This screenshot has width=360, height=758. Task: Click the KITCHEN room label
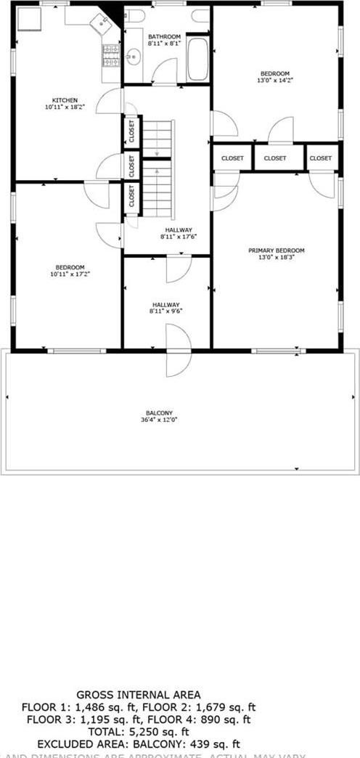[64, 100]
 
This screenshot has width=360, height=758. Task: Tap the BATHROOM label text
[164, 36]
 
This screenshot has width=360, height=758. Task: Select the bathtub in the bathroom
[197, 59]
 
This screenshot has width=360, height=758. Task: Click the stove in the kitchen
[111, 54]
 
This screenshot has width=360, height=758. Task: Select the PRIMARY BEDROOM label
[276, 250]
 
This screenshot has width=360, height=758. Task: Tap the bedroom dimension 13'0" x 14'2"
[275, 81]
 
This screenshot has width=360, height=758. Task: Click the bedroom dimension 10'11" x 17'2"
[67, 274]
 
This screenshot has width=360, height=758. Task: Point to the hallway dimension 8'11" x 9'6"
[166, 311]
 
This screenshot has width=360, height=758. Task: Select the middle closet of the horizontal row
[275, 158]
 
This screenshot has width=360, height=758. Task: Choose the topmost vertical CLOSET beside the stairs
[131, 132]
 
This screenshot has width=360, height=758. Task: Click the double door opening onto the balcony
[178, 350]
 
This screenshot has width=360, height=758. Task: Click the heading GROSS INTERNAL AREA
[139, 695]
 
